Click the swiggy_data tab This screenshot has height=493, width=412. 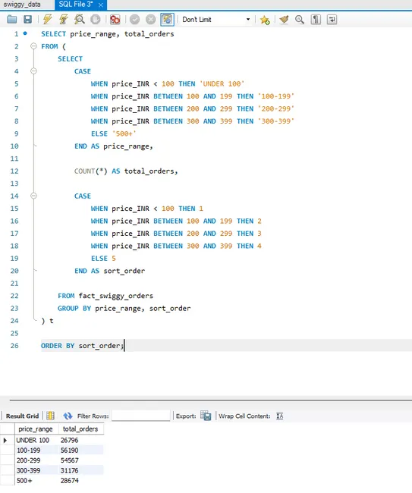[22, 5]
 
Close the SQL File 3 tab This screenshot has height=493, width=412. [101, 5]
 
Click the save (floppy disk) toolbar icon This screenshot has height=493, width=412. [27, 20]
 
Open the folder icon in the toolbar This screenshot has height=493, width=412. [12, 20]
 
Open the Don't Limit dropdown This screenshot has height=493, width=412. [248, 20]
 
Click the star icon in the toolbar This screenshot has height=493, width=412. [265, 20]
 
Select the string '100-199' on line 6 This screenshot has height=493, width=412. [276, 96]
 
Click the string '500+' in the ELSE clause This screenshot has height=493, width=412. [124, 133]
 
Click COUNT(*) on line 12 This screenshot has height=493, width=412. [91, 171]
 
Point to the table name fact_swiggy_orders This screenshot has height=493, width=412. [116, 296]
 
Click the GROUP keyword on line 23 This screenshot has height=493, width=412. [68, 309]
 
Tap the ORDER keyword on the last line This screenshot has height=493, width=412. [52, 346]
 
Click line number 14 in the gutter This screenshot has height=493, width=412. [14, 196]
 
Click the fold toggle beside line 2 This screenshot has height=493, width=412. [33, 46]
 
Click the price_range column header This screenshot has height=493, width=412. [36, 429]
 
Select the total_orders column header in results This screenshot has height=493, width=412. [80, 429]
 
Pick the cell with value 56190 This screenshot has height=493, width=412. [69, 451]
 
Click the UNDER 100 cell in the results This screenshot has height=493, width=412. [33, 440]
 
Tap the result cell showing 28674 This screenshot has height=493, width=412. [70, 481]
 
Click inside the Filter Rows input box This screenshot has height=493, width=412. [140, 416]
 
